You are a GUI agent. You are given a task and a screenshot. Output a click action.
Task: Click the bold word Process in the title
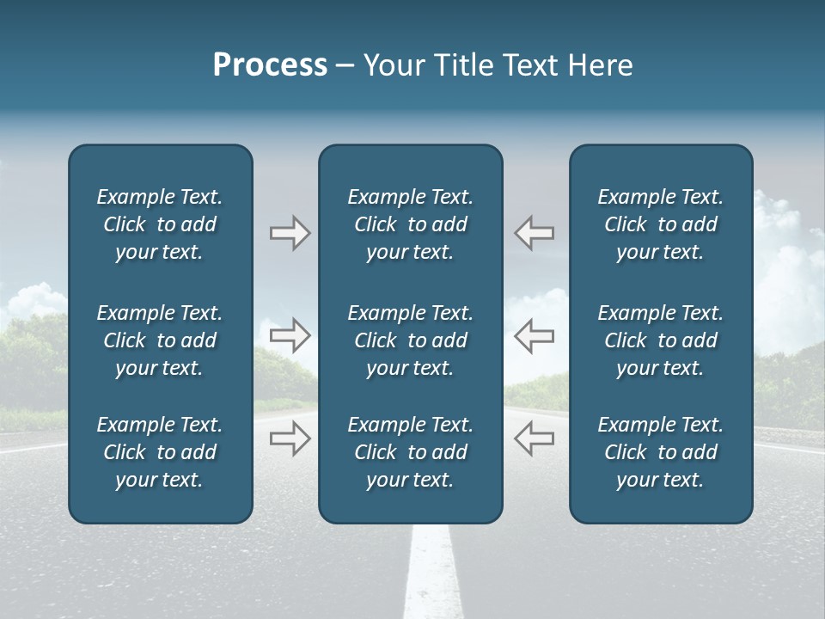[270, 65]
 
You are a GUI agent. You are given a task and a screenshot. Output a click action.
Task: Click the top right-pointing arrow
[290, 233]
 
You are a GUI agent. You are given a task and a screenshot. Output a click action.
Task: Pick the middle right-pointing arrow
[290, 335]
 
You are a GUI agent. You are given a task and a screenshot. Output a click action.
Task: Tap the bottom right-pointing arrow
[290, 438]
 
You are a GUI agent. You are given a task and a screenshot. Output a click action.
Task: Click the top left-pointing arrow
[534, 233]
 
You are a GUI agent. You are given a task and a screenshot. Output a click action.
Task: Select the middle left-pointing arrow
[534, 335]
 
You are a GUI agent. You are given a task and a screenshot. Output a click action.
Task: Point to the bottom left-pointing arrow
[534, 438]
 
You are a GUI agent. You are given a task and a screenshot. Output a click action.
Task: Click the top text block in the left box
[160, 224]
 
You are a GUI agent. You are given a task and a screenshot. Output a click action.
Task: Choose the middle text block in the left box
[160, 340]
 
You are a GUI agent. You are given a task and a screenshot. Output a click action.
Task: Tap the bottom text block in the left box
[160, 452]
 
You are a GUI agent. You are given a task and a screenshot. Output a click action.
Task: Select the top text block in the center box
[410, 224]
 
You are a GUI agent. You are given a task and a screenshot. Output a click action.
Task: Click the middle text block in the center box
[410, 340]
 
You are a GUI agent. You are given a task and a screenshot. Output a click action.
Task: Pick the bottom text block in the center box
[410, 452]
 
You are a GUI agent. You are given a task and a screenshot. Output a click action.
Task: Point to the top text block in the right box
[660, 224]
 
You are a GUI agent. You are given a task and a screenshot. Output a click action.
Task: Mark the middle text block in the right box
[660, 340]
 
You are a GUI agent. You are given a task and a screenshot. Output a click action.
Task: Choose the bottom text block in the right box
[660, 452]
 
